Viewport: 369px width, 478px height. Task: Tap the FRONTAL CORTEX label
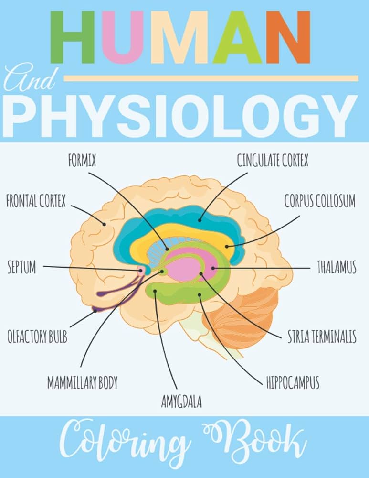[x=36, y=201]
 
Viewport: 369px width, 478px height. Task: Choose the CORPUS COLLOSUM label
[x=320, y=201]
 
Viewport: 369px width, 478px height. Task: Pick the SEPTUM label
[x=21, y=268]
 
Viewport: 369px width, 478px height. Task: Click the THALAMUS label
[x=337, y=268]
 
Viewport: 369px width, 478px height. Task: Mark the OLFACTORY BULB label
[x=37, y=337]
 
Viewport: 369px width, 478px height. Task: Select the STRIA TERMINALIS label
[x=322, y=337]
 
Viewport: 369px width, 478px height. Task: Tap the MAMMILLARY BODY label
[x=82, y=383]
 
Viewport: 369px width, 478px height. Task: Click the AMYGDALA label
[x=181, y=402]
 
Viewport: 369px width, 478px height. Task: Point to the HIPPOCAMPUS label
[x=293, y=383]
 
